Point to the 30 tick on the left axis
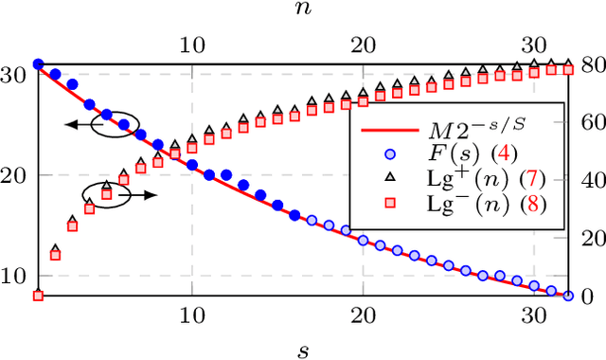click(17, 75)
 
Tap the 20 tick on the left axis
click(17, 175)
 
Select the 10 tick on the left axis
click(17, 276)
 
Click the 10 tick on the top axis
click(192, 44)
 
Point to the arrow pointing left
click(80, 124)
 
